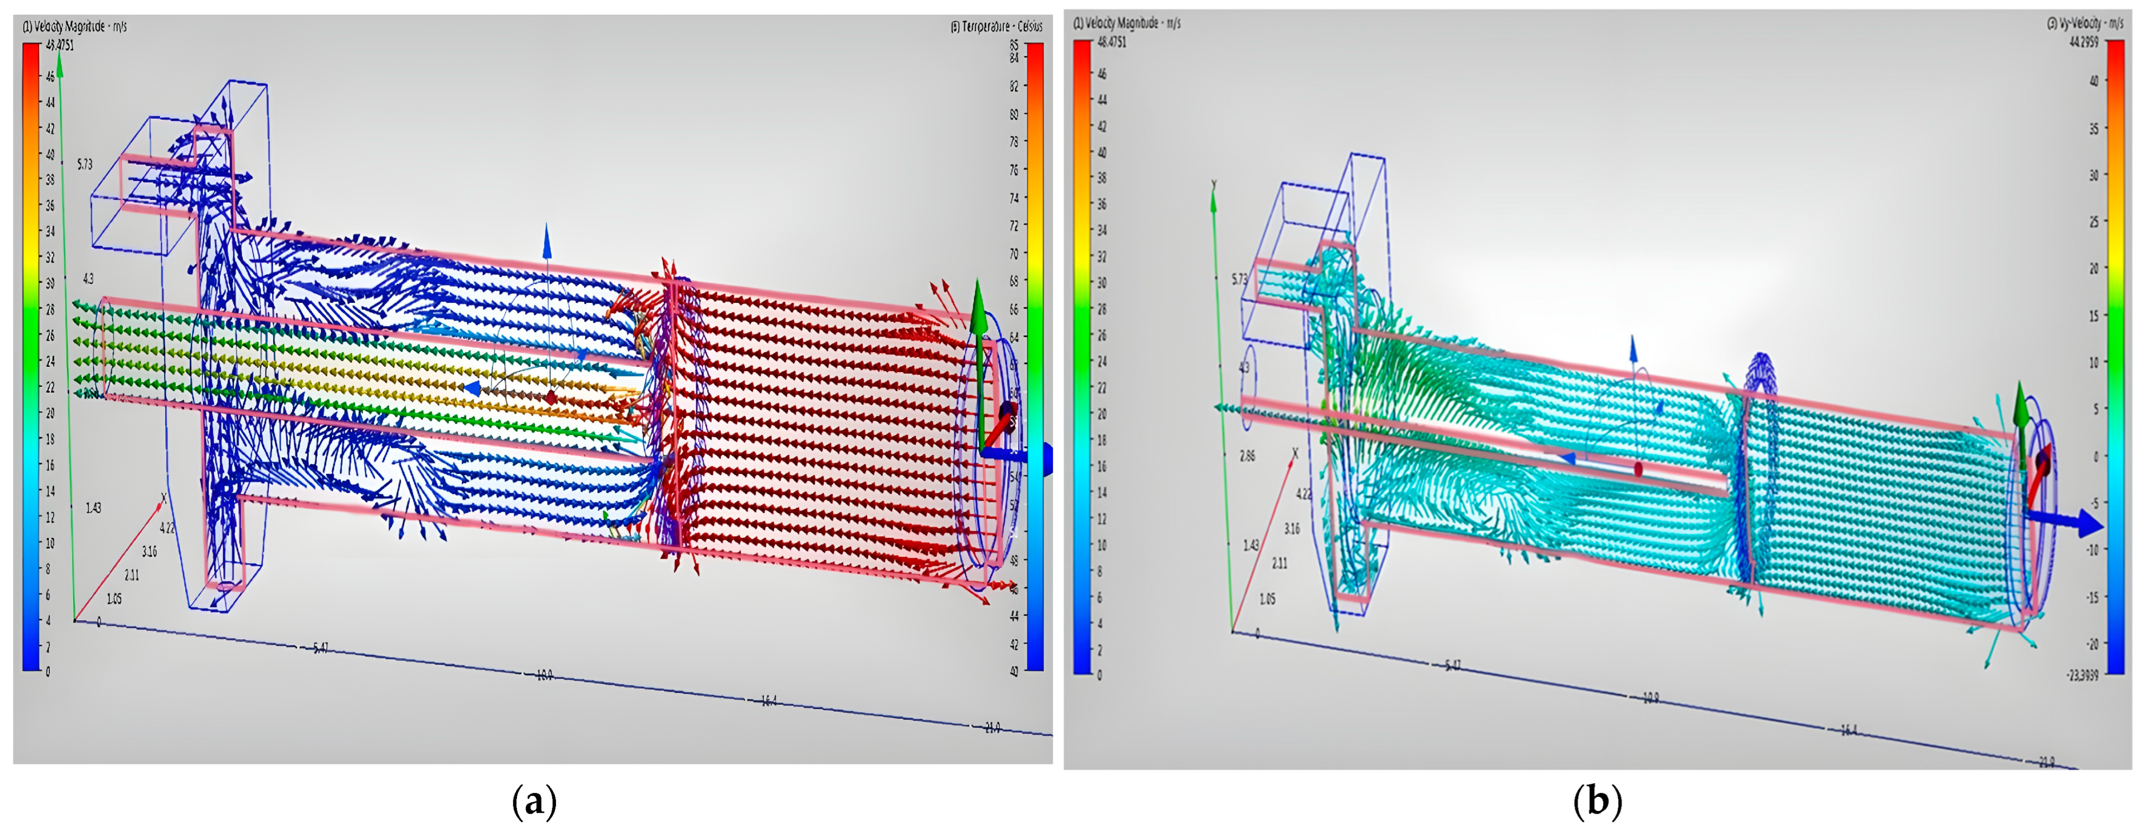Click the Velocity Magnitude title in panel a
(x=75, y=27)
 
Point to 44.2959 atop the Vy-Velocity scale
(x=2084, y=42)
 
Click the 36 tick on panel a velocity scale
(x=50, y=205)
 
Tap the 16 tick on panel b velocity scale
(x=1102, y=466)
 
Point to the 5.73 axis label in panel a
(x=85, y=164)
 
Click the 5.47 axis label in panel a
(x=320, y=647)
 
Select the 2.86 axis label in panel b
(x=1246, y=456)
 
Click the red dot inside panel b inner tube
(x=1638, y=470)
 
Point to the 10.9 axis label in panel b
(x=1651, y=698)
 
